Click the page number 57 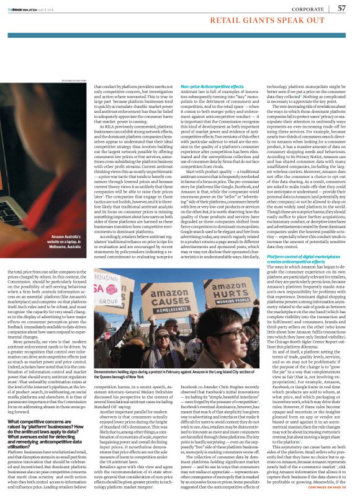click(341, 8)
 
